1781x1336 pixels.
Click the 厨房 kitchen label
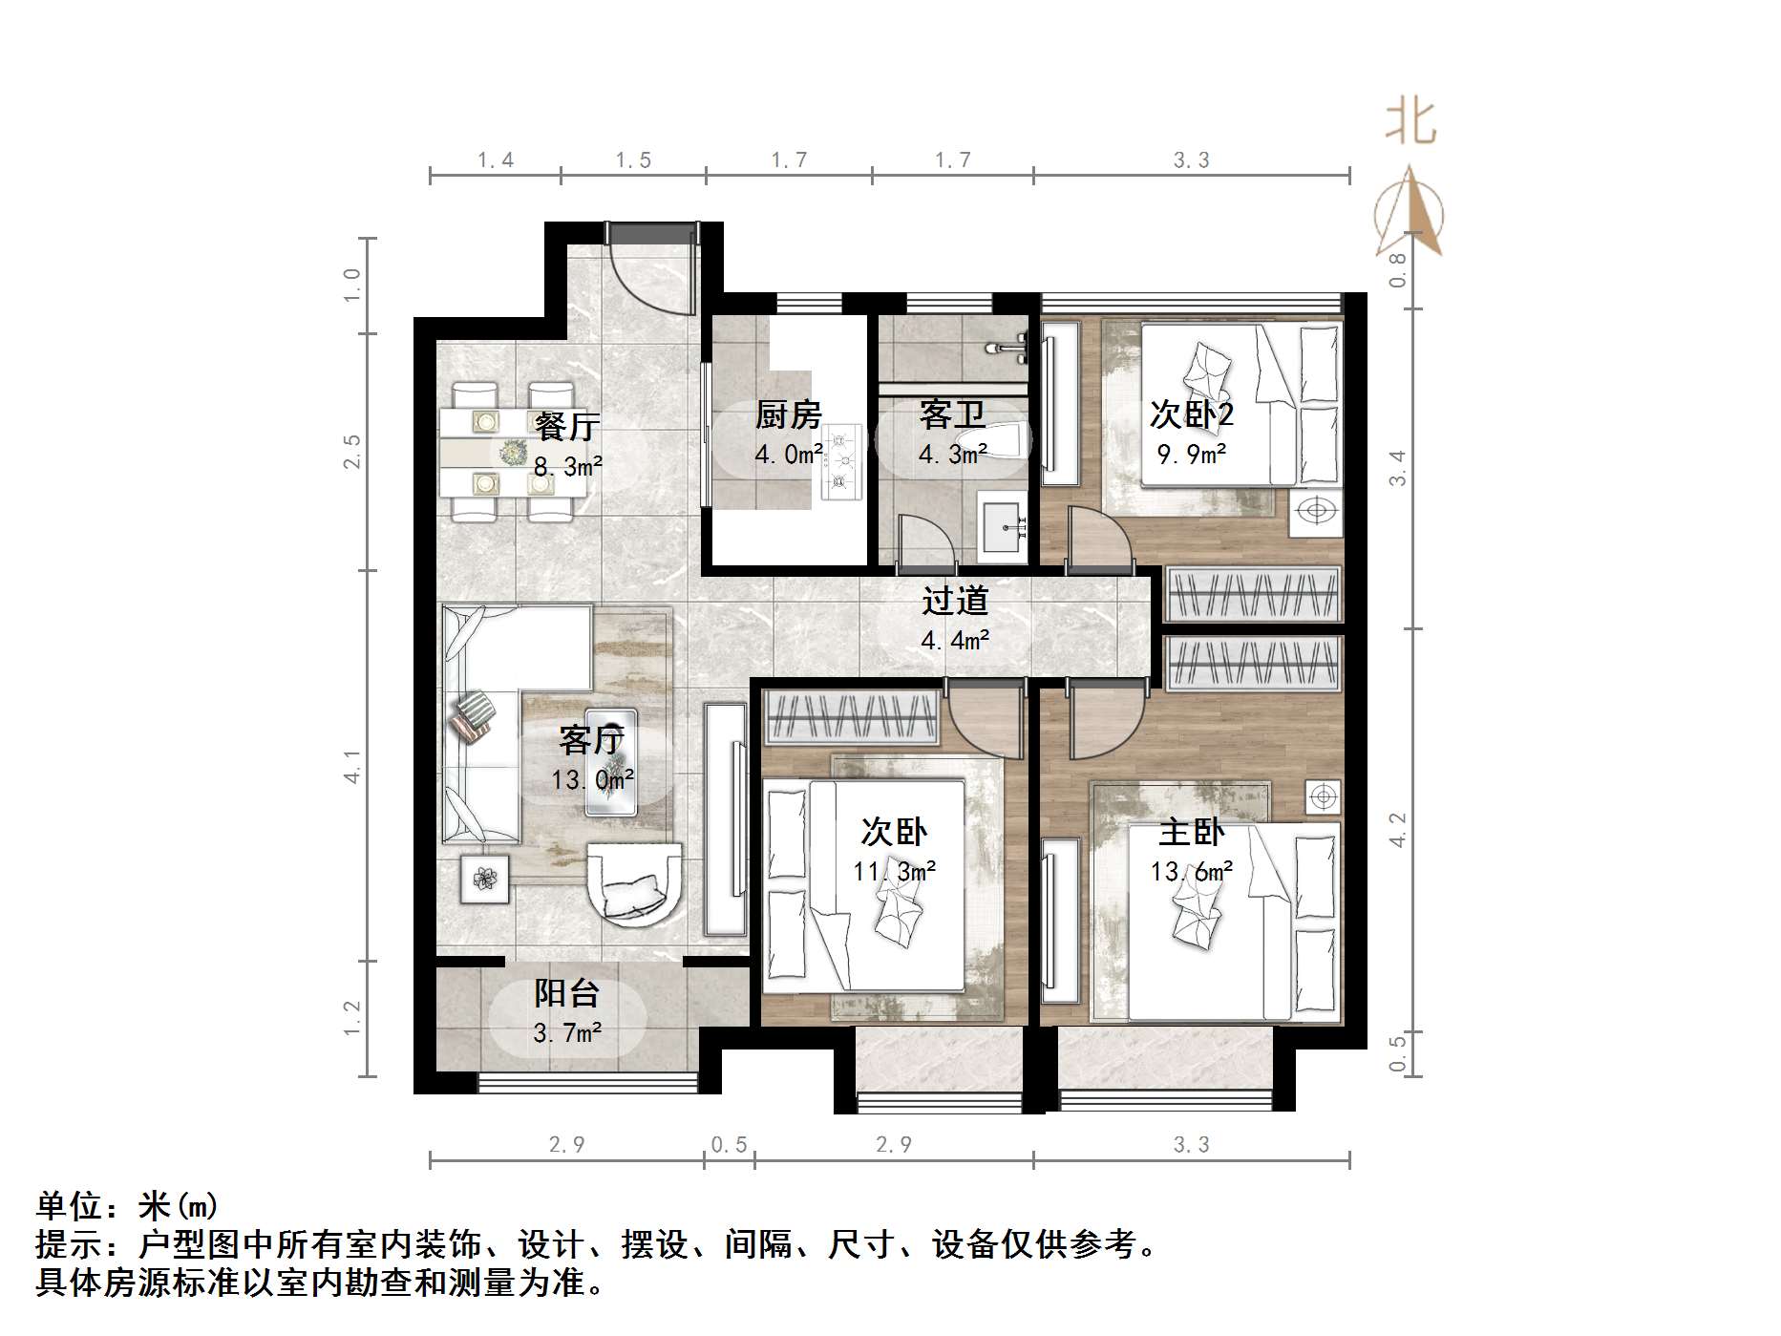788,415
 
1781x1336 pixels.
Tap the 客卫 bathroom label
952,415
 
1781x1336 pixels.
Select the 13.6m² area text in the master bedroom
1191,871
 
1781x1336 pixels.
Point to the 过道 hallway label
955,601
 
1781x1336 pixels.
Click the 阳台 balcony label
566,993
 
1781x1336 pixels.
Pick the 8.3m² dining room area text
567,467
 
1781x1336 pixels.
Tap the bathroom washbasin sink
1005,523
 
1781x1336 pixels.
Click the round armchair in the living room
635,882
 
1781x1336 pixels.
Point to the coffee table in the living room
611,762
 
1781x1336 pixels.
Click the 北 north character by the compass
1410,122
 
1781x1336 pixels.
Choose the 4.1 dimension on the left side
352,767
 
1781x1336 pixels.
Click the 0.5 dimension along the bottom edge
729,1144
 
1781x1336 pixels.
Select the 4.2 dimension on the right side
1397,830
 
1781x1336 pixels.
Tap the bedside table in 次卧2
1315,511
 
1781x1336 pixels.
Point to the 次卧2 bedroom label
1191,414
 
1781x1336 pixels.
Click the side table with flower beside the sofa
485,878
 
